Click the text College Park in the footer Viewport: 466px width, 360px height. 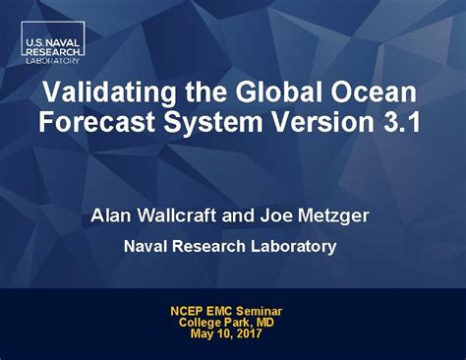(x=219, y=323)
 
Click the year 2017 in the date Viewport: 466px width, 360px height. (x=250, y=333)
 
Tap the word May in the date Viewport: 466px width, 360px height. (x=202, y=333)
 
